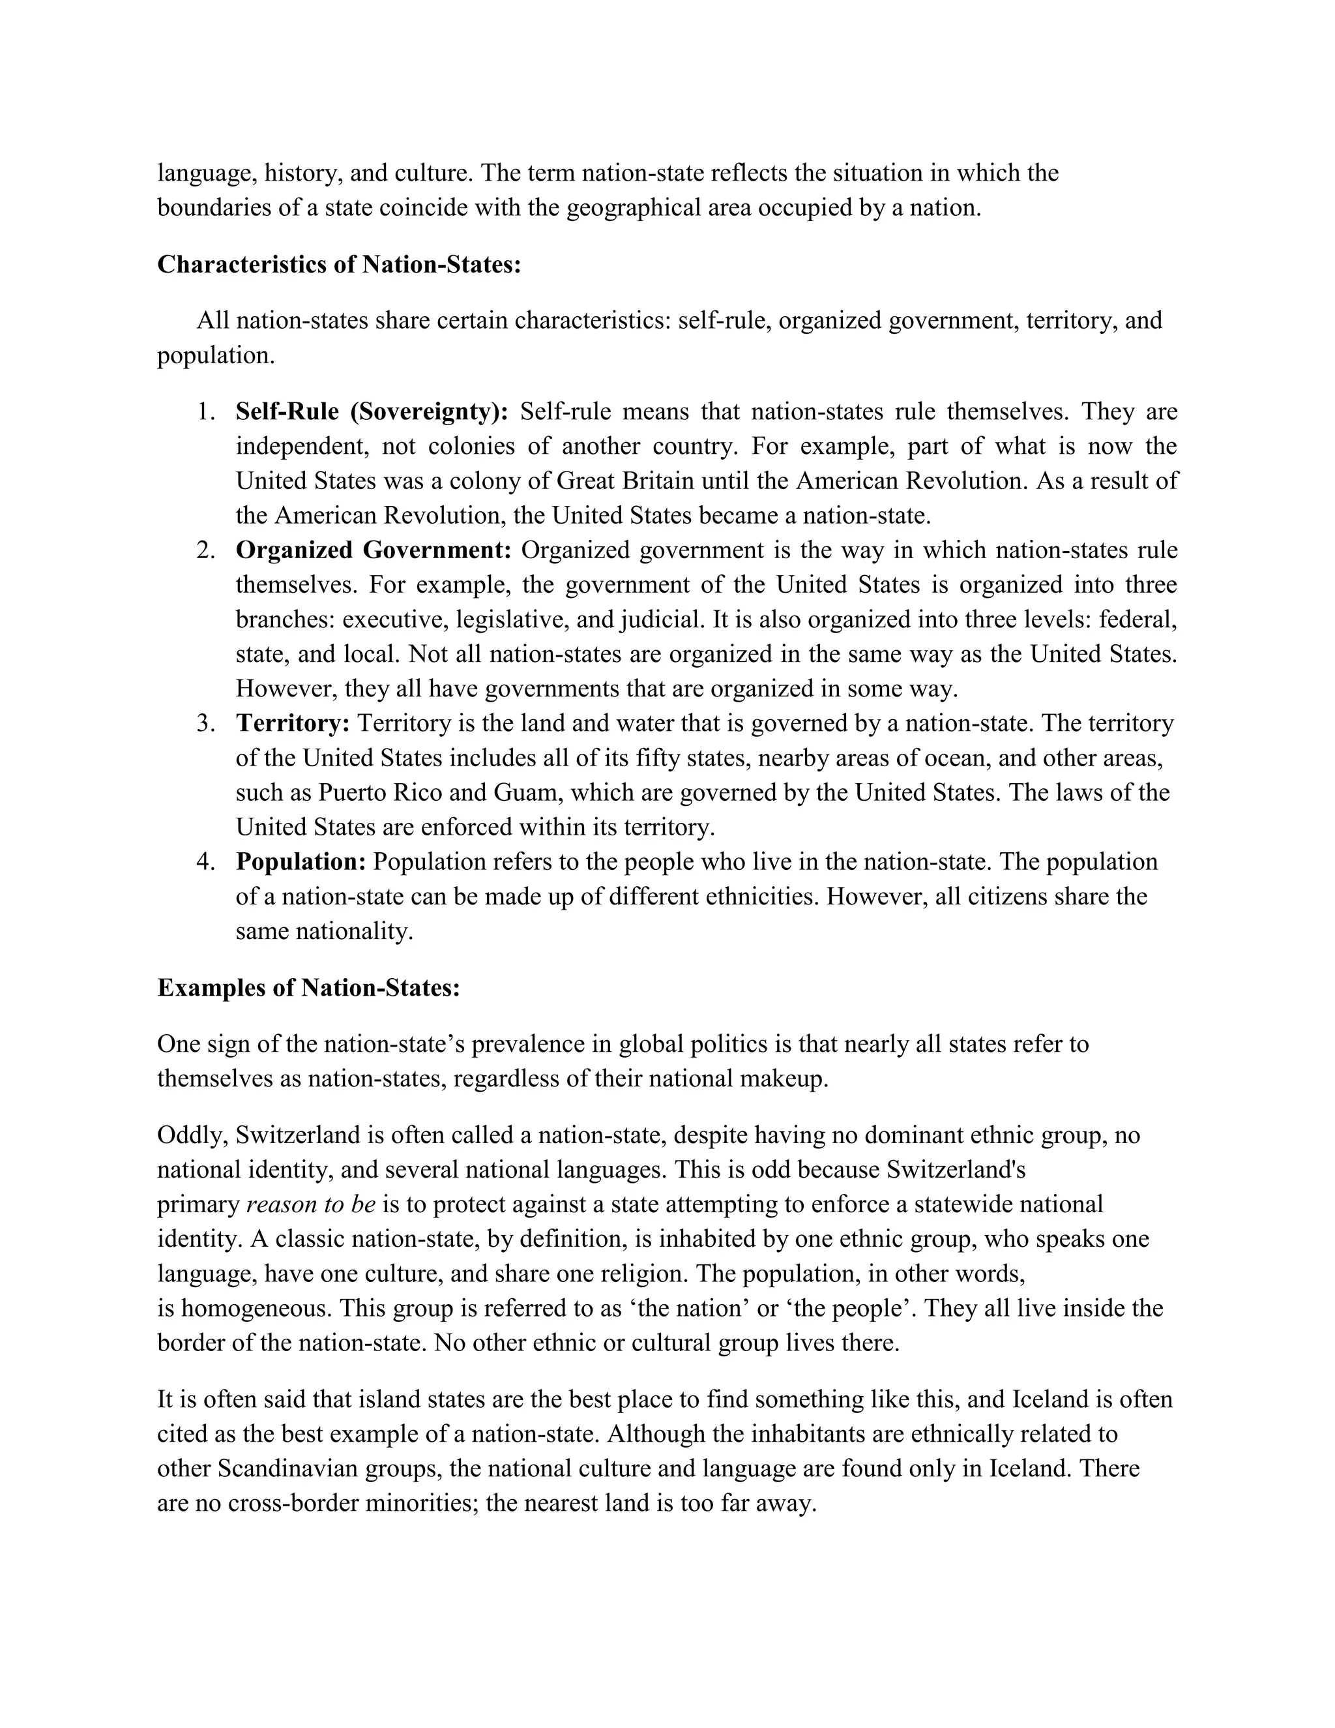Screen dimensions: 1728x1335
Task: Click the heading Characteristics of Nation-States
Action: (339, 264)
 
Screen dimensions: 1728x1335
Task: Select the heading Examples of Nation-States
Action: (308, 987)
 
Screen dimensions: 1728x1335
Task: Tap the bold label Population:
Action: (301, 861)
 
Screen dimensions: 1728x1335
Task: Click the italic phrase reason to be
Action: (311, 1204)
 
